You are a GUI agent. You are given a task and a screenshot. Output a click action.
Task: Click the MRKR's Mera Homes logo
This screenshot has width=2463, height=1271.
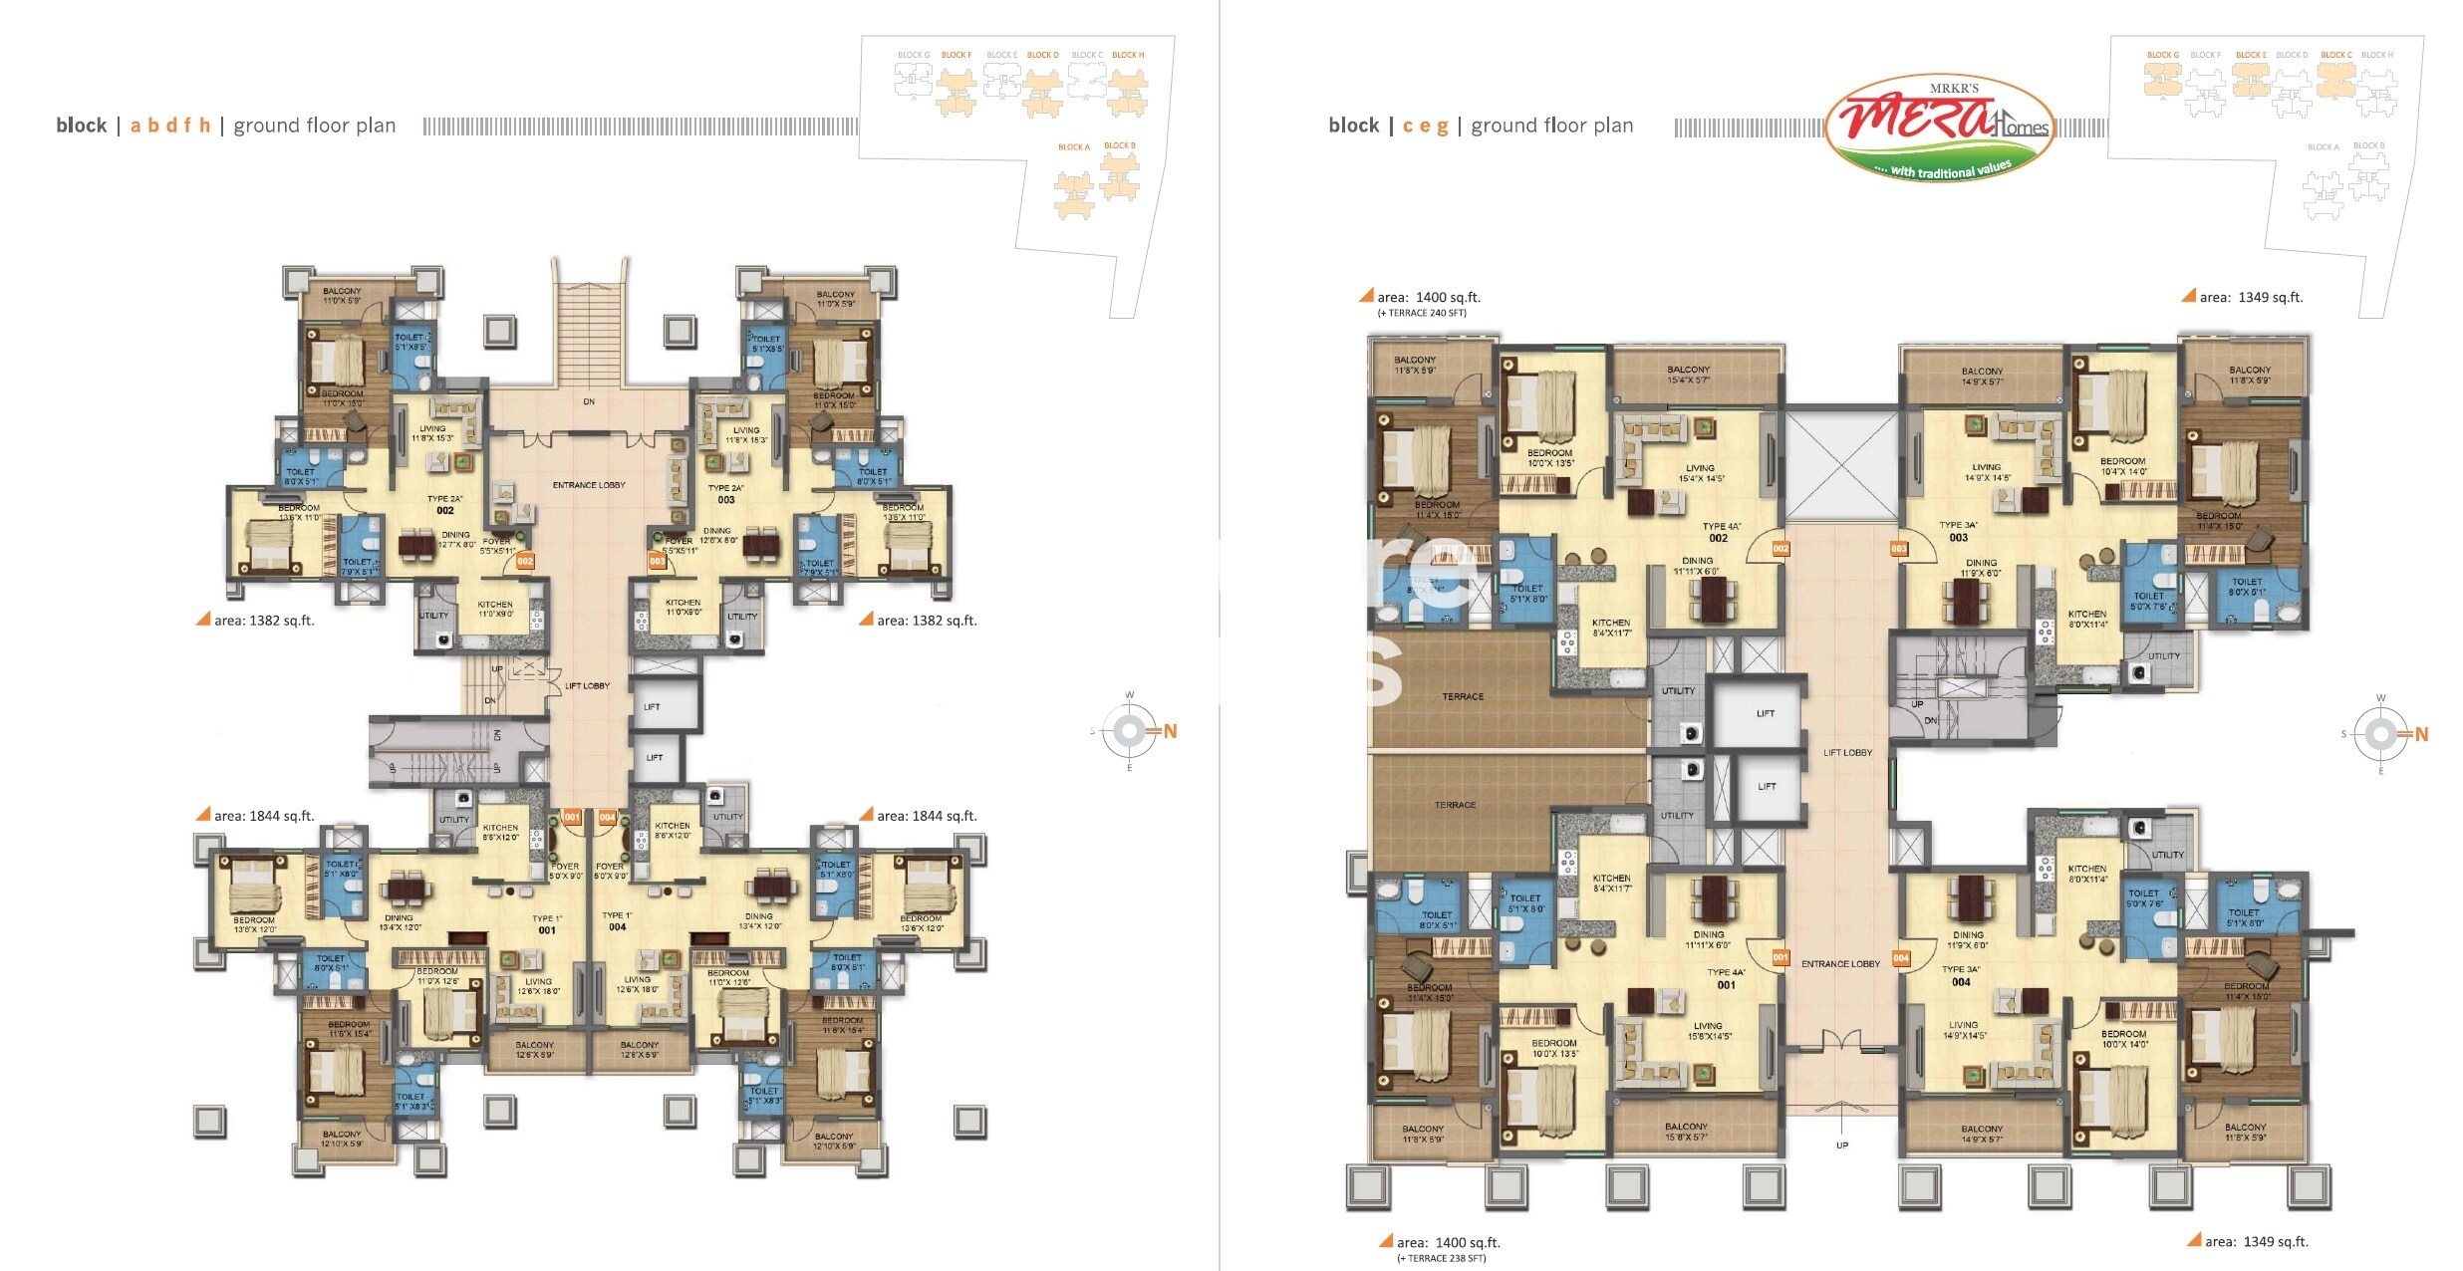coord(1939,127)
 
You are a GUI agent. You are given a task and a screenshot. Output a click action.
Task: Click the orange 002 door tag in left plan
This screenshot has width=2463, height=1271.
coord(525,561)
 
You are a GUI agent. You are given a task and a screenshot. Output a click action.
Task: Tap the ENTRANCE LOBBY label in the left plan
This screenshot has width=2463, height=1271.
coord(589,485)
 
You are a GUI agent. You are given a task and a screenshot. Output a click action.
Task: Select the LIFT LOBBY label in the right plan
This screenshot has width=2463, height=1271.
coord(1847,753)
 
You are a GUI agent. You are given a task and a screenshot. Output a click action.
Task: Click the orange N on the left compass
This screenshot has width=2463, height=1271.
coord(1170,732)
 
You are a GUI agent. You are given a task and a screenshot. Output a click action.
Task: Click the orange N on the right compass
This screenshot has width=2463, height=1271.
coord(2421,735)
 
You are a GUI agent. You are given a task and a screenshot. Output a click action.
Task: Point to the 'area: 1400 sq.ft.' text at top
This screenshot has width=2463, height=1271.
coord(1427,297)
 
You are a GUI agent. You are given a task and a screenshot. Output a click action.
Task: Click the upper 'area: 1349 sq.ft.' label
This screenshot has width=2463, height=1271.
coord(2250,297)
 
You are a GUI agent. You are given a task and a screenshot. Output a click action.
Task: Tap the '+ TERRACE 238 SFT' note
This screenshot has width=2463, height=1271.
coord(1441,1258)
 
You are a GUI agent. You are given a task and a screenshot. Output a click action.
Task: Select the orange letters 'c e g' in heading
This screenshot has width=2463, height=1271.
coord(1425,126)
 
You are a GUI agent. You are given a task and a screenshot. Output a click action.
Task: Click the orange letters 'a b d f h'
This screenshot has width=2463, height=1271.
coord(170,126)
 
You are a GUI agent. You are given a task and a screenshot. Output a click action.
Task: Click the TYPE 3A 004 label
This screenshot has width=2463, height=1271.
coord(1960,975)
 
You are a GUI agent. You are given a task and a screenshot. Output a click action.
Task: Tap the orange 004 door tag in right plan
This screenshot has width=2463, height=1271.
coord(1901,958)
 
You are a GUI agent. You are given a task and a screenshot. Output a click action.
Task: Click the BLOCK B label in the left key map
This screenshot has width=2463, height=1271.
coord(1119,145)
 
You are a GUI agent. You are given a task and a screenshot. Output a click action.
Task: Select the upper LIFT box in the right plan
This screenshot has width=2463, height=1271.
coord(1765,713)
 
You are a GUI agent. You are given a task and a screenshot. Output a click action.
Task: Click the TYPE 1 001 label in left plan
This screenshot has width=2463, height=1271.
coord(547,924)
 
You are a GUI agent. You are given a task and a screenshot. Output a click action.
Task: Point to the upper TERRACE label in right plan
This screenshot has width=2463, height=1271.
coord(1463,696)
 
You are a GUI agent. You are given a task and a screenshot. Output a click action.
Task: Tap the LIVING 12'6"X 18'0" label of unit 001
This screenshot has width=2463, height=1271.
coord(538,986)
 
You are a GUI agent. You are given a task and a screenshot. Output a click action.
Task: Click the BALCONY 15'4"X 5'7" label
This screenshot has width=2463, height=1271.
coord(1688,375)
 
